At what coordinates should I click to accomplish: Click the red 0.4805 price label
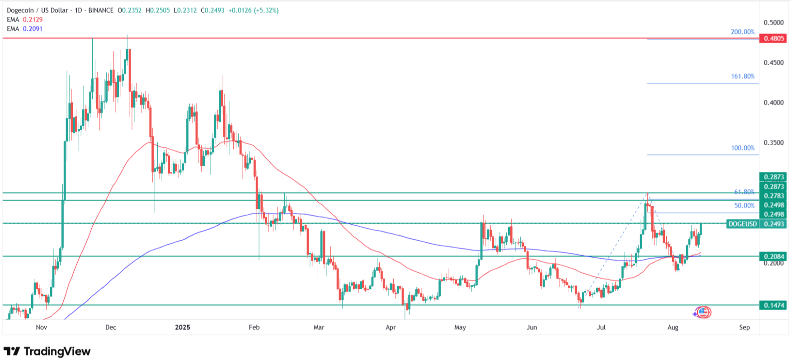click(x=773, y=38)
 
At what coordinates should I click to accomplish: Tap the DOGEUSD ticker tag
click(x=743, y=224)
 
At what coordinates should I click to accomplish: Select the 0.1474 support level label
click(x=773, y=305)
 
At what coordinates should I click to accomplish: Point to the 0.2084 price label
click(x=773, y=256)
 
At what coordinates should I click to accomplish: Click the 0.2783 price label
click(x=773, y=196)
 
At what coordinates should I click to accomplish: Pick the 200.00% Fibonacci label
click(x=743, y=32)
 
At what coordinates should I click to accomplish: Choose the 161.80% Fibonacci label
click(x=743, y=76)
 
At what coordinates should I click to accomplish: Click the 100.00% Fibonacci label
click(x=743, y=148)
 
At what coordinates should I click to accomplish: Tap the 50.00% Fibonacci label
click(x=744, y=206)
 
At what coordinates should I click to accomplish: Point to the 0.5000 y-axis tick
click(x=773, y=23)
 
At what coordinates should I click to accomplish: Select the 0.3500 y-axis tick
click(x=773, y=143)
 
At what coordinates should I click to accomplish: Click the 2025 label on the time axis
click(x=182, y=327)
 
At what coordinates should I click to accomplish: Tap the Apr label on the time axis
click(x=391, y=327)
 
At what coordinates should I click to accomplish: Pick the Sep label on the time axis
click(x=744, y=327)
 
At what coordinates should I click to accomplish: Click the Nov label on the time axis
click(x=41, y=327)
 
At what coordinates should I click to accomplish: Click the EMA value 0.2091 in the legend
click(x=33, y=28)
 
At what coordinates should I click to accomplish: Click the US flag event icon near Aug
click(x=703, y=312)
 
